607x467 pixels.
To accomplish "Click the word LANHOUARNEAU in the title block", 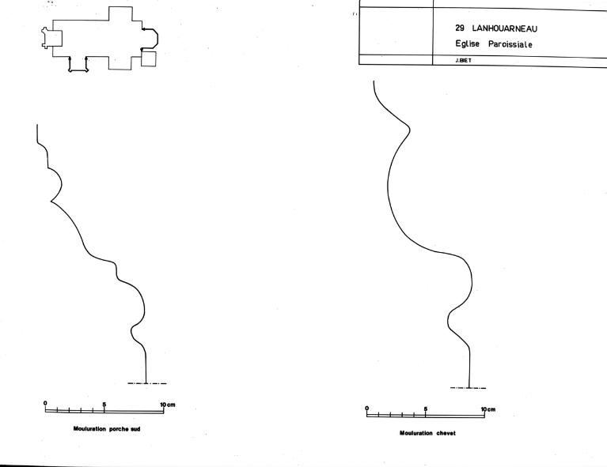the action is [x=504, y=28].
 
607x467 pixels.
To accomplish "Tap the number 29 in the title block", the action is [x=460, y=28].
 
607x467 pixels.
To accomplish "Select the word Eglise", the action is [x=467, y=43].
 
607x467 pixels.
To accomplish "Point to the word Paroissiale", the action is [x=510, y=44].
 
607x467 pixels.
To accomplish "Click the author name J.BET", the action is [x=464, y=60].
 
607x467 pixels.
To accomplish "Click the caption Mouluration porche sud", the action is [x=107, y=429].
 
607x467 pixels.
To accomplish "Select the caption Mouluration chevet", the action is [x=427, y=433].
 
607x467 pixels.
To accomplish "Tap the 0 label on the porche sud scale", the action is [x=45, y=403].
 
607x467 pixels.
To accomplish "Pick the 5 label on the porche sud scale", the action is [x=104, y=405].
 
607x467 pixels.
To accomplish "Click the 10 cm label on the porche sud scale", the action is [x=168, y=405].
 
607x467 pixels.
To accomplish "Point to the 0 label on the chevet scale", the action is [x=366, y=409].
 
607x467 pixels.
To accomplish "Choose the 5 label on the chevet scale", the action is [x=426, y=409].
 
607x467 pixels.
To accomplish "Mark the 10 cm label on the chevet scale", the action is [x=488, y=409].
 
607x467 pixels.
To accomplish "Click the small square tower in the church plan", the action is [x=148, y=58].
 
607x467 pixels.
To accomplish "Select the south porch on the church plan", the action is [x=78, y=64].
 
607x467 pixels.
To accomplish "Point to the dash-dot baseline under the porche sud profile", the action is [x=147, y=383].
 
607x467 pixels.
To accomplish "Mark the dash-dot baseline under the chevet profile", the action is [x=468, y=388].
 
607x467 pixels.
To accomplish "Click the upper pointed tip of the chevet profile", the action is [x=410, y=129].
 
